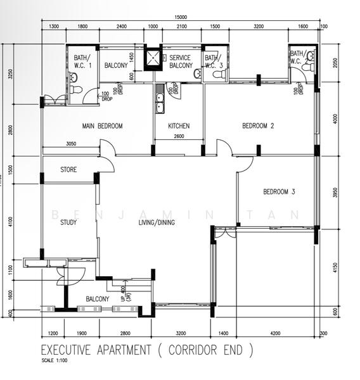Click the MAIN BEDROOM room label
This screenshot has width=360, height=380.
point(102,126)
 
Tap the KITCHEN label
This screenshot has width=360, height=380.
point(179,126)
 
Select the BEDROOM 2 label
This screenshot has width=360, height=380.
point(258,126)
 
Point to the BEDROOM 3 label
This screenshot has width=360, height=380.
point(280,191)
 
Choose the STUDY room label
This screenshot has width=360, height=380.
point(68,222)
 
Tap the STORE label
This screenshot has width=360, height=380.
point(68,170)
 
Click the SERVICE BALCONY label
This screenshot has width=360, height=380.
point(179,61)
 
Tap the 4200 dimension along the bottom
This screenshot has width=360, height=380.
point(274,333)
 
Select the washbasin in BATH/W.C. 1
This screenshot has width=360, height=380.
point(73,78)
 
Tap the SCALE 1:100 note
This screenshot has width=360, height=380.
point(55,361)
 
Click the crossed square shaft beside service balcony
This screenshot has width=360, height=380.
point(153,59)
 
